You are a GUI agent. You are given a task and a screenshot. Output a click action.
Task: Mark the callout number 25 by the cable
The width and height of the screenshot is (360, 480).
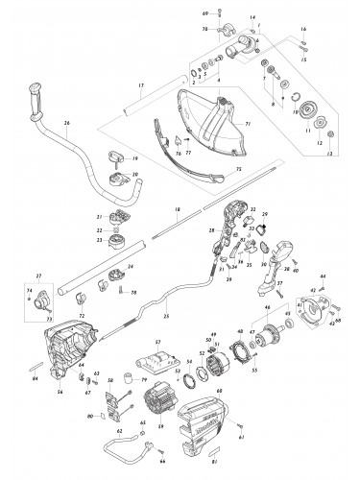pos(166,315)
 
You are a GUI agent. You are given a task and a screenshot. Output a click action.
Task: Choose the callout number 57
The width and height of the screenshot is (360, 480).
pos(156,342)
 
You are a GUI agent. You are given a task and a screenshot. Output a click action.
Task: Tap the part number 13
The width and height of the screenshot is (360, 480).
pos(329,154)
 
